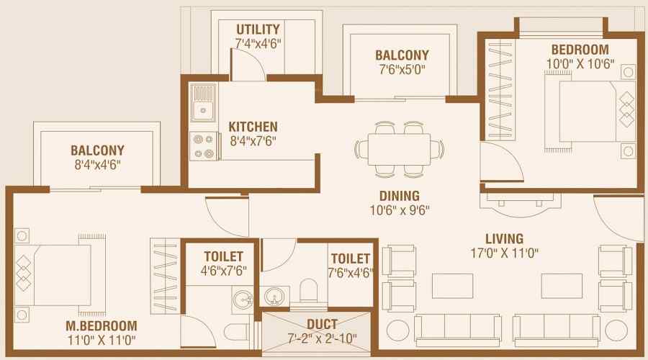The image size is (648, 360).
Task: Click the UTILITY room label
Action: point(258,30)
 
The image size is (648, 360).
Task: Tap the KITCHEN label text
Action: point(253,127)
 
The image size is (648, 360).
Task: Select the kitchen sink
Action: point(202,103)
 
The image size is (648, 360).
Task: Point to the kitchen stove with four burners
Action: point(204,146)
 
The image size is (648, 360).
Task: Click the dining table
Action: point(399,149)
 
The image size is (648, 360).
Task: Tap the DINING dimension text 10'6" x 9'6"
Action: point(400,210)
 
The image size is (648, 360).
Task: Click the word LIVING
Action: point(504,239)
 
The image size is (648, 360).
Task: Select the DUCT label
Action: point(322,325)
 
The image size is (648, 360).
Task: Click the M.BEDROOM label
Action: point(102,325)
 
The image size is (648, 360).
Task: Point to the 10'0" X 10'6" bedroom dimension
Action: point(580,64)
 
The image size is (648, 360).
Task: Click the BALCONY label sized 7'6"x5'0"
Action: point(402,55)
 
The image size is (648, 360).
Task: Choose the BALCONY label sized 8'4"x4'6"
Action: point(97,150)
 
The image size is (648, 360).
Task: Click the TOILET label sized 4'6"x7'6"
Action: point(223,256)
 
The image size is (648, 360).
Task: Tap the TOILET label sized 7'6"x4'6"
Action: point(351,258)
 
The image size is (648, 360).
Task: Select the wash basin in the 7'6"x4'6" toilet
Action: point(272,297)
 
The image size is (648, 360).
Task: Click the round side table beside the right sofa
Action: point(616,330)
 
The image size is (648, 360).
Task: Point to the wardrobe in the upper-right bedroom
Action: point(501,90)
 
